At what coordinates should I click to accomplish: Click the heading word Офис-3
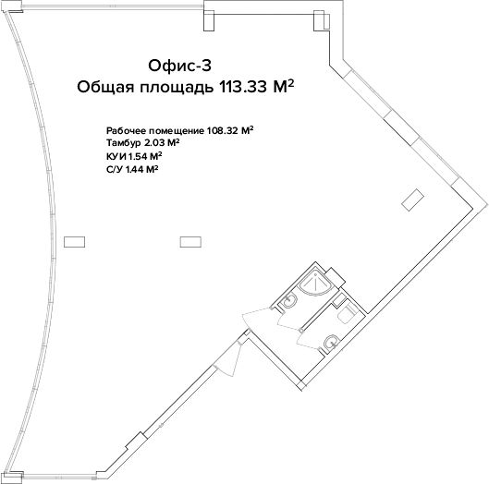179,66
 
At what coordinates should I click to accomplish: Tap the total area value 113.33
243,87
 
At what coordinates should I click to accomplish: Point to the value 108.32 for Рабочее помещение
223,130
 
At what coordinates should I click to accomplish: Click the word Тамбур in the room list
124,143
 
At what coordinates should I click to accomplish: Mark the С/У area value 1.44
136,170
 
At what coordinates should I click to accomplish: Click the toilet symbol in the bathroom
346,314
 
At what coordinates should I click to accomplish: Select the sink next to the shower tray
290,301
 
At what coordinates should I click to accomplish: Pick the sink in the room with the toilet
331,342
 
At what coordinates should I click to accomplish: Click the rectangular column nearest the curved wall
74,242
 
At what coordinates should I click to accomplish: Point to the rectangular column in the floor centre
190,242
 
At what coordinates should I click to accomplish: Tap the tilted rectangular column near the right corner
412,200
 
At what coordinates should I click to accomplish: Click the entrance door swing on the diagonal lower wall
229,358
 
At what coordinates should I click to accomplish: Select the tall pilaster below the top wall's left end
209,20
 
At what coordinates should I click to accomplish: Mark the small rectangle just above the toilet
339,299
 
